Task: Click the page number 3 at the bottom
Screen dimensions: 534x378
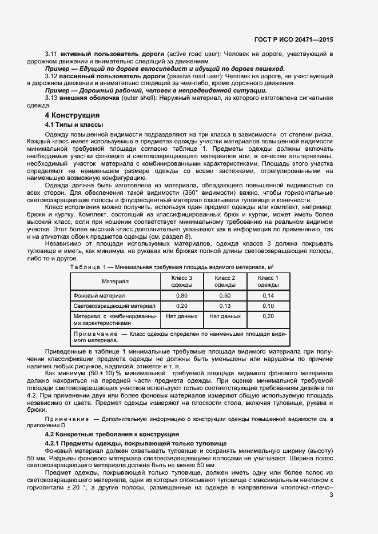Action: point(332,495)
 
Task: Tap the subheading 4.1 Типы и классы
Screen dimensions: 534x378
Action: point(74,125)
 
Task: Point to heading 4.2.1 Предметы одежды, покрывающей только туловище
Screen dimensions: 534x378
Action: point(136,443)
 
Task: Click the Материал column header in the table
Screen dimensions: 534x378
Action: point(116,281)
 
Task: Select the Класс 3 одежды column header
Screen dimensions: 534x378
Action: point(182,281)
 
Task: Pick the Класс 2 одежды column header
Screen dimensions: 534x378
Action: point(224,281)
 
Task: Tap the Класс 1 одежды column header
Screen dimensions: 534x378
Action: point(268,281)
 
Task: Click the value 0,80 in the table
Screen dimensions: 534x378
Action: point(182,295)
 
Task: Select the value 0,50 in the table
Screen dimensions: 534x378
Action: point(224,295)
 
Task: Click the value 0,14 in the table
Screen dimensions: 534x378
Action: point(268,295)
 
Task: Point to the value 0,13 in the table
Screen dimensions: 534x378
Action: point(224,306)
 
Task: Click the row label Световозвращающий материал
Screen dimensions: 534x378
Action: point(114,306)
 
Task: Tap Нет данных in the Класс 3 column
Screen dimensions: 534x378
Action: point(182,316)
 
